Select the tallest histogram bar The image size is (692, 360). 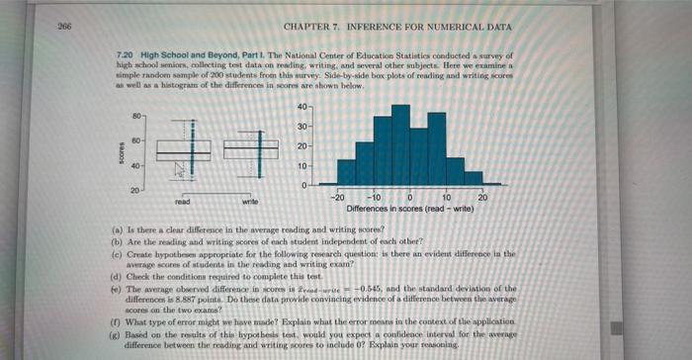(400, 142)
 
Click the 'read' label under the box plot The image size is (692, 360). (182, 200)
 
